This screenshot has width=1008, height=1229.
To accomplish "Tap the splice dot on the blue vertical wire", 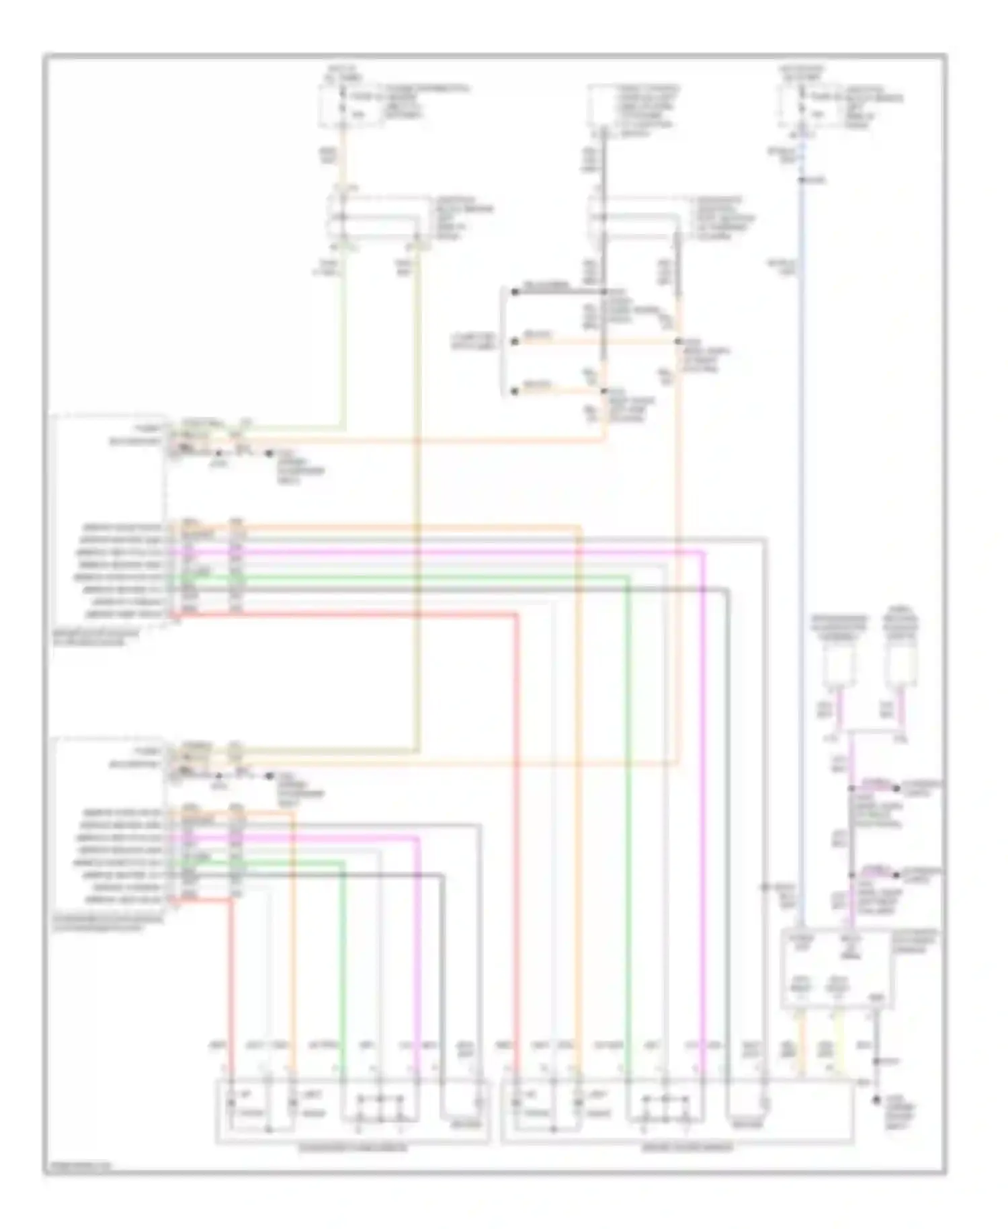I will click(x=801, y=180).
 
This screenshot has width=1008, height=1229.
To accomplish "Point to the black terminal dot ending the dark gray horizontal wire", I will click(x=515, y=291).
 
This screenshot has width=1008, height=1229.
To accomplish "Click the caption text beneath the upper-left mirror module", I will click(x=97, y=637).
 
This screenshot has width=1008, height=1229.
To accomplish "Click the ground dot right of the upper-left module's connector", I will click(x=270, y=454).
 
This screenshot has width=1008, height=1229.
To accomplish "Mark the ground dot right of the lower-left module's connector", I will click(x=269, y=776).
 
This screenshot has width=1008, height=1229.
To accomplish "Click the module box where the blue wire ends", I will click(x=836, y=968).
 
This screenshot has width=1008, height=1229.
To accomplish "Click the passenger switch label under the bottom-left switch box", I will click(x=352, y=1147).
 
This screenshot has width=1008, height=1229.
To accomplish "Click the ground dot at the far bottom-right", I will click(x=876, y=1101).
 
